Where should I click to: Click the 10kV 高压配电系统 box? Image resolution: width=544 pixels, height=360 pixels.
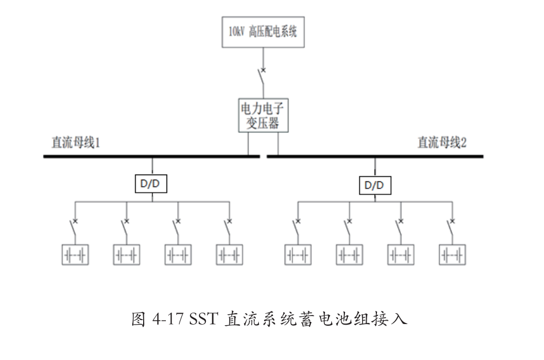tap(263, 32)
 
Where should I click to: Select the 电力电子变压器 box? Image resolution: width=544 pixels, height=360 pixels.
tap(263, 115)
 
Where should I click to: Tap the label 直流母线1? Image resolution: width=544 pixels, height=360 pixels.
tap(76, 143)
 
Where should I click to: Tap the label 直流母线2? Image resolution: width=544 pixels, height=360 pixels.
tap(442, 143)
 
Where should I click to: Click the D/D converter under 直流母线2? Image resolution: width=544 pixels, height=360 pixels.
tap(375, 185)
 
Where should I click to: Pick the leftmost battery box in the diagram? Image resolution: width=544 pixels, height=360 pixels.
tap(75, 254)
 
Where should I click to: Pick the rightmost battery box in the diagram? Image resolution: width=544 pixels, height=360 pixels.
tap(452, 254)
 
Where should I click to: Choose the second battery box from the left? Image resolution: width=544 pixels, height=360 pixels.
tap(127, 254)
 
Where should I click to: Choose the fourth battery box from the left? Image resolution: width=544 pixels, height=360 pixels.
tap(230, 254)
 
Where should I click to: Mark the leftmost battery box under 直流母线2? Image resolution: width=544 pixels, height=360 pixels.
tap(298, 254)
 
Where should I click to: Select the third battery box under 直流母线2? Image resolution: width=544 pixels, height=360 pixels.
tap(401, 254)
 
